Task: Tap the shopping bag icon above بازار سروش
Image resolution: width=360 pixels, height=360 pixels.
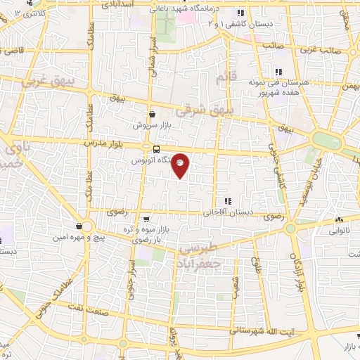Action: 153,115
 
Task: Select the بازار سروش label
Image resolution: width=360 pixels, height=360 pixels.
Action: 153,126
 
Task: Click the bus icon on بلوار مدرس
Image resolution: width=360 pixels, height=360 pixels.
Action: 156,148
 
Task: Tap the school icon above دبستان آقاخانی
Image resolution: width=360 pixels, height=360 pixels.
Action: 226,201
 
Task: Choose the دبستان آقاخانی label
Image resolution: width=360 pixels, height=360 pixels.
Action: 226,212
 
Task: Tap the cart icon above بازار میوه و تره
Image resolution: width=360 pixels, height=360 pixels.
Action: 146,219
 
